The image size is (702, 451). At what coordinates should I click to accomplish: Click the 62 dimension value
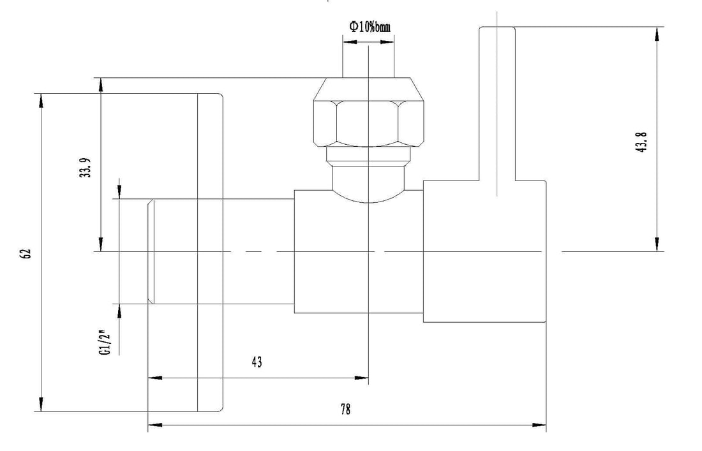pos(26,253)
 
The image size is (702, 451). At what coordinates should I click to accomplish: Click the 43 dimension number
pos(257,362)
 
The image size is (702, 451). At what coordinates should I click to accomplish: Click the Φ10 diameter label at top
pos(369,26)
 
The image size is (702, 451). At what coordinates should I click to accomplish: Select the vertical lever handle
pos(497,102)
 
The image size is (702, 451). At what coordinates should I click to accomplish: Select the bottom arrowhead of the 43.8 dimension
pos(657,245)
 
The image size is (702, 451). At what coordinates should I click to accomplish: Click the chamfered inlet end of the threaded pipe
pos(151,252)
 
